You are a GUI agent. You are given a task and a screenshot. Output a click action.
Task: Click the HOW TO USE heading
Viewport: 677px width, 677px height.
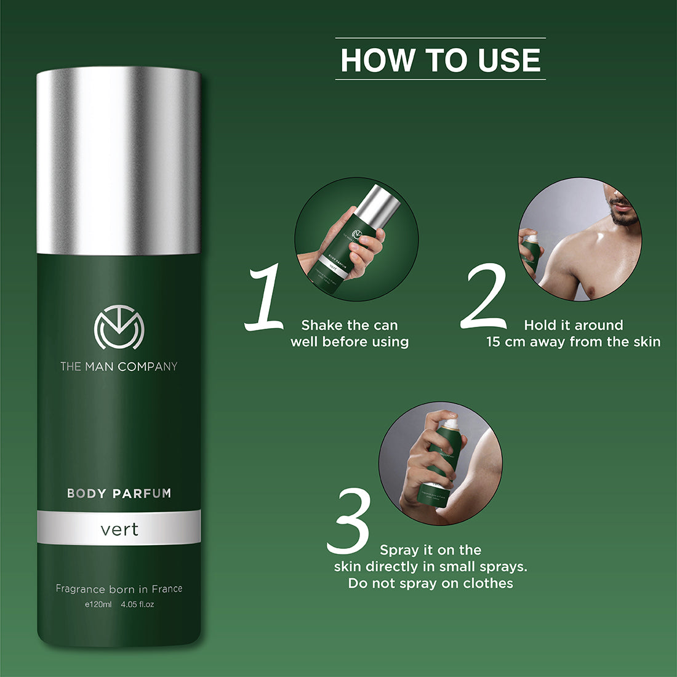(x=440, y=60)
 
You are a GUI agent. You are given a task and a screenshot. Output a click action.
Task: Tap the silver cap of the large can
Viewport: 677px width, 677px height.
(x=118, y=160)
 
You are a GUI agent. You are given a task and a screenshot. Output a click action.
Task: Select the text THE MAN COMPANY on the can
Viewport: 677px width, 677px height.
(x=119, y=367)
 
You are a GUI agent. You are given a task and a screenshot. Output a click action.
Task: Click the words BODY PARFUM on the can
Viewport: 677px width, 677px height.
(x=119, y=493)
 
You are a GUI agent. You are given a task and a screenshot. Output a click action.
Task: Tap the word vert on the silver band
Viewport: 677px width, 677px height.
(x=119, y=529)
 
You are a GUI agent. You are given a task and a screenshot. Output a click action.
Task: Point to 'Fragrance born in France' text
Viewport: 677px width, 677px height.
(x=119, y=589)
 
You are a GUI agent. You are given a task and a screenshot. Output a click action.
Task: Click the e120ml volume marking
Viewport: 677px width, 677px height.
(x=98, y=604)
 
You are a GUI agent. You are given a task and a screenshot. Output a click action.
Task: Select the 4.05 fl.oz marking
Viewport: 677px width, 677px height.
(x=137, y=604)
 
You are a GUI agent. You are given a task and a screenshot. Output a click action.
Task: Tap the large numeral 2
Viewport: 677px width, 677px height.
(x=484, y=297)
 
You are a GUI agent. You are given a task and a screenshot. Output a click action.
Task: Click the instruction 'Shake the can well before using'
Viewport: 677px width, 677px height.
(x=350, y=334)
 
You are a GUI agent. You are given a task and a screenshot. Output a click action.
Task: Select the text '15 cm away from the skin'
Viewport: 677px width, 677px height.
(x=573, y=342)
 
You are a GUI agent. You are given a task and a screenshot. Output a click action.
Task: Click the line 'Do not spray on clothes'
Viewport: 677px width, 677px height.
(x=430, y=583)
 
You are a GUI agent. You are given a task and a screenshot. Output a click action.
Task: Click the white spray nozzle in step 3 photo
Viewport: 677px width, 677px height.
(x=451, y=423)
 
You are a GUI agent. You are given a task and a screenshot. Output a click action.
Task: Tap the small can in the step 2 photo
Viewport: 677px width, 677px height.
(x=529, y=252)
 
